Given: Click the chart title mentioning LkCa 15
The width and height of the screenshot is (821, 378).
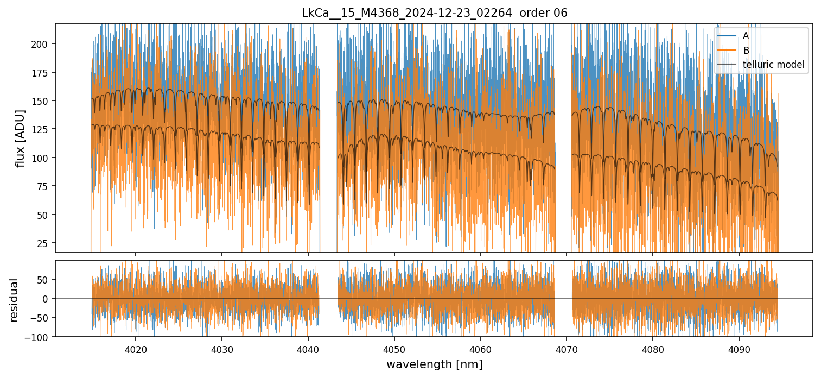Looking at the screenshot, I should pos(434,13).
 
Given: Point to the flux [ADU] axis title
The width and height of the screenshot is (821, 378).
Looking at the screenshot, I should pos(21,138).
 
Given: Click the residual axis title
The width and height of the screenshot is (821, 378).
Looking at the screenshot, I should pos(14,299).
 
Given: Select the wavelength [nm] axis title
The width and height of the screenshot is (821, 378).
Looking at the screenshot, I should pos(434,364).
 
